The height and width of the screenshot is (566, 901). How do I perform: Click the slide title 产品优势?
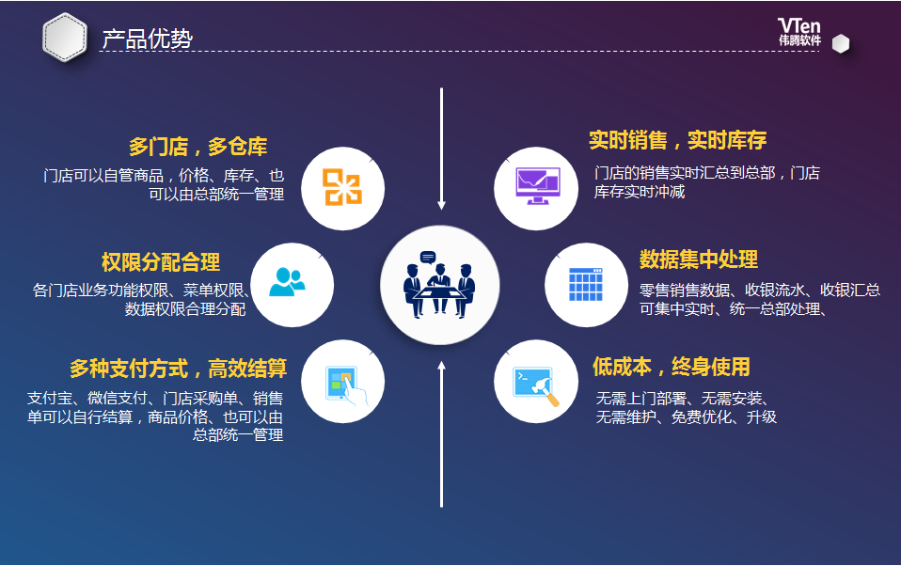147,39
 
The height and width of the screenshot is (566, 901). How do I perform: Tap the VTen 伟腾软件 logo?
799,32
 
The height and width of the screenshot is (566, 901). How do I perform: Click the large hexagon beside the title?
65,38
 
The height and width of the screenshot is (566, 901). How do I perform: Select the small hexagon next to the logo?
841,43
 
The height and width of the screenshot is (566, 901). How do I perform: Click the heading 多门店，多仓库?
198,147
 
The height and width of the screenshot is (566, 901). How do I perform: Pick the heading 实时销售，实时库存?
677,140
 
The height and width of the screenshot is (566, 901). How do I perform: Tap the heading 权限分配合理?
160,262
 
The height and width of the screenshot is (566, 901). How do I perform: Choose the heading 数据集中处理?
699,259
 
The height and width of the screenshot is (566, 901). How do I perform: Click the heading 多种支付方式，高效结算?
178,369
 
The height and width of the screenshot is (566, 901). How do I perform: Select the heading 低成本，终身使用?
672,367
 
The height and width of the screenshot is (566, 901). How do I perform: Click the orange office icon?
342,187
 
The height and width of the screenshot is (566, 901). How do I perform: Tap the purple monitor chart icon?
537,185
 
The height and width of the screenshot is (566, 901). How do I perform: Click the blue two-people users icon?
287,282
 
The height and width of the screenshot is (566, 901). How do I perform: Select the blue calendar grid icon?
586,285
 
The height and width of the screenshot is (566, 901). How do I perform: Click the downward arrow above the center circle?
441,149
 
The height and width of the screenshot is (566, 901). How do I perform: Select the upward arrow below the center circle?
441,434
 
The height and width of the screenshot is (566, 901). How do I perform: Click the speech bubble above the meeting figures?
428,258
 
